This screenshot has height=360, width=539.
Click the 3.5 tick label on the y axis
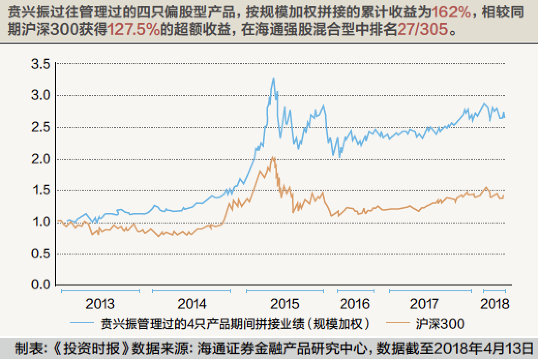point(41,64)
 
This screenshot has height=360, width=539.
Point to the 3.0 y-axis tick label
point(41,95)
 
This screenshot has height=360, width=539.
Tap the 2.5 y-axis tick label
point(41,127)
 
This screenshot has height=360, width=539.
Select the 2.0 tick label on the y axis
point(41,159)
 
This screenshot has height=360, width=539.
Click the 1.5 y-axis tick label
point(41,191)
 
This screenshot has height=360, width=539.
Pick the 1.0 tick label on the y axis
point(41,222)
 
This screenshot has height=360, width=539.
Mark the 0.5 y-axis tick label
point(41,254)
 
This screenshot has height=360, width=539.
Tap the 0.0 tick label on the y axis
point(41,285)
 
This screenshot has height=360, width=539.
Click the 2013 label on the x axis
point(100,304)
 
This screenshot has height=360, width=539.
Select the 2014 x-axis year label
point(192,304)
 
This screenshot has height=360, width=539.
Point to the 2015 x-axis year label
point(285,304)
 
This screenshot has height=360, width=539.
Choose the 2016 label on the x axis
point(355,304)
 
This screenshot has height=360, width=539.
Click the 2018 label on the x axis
point(495,304)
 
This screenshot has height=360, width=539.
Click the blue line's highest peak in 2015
point(273,78)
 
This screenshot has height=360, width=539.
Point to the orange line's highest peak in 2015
point(273,157)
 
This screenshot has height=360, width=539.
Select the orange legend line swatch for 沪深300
point(396,323)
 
